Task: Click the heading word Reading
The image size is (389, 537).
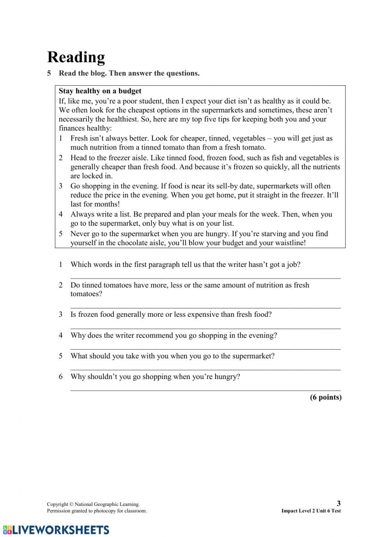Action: (x=76, y=57)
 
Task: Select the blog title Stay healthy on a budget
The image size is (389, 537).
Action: (x=100, y=91)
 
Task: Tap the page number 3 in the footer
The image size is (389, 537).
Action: (x=338, y=503)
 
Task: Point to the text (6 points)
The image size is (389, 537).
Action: (x=325, y=397)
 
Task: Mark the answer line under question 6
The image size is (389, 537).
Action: (x=205, y=389)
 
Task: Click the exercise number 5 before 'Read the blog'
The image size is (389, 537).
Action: (x=49, y=73)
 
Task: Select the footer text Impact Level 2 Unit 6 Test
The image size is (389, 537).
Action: (x=311, y=511)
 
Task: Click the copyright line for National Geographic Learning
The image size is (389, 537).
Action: (x=93, y=504)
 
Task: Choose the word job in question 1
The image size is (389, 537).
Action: (x=292, y=265)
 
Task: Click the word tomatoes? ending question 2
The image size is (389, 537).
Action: (x=86, y=294)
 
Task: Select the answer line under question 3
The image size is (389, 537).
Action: (x=205, y=328)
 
